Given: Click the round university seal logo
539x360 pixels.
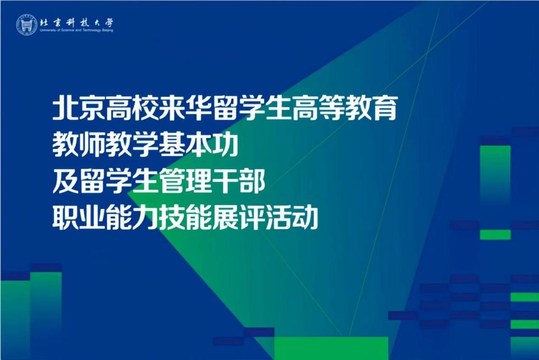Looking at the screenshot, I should click(x=27, y=25).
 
